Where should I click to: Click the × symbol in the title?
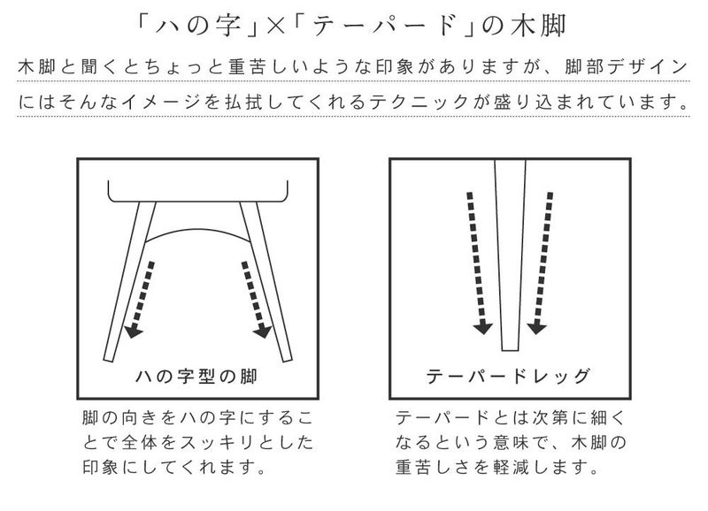(x=275, y=27)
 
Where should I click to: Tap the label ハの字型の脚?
(x=196, y=376)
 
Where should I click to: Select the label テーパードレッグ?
(x=508, y=376)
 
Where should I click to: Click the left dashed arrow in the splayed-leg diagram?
(x=140, y=300)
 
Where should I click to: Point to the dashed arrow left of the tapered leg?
(x=477, y=263)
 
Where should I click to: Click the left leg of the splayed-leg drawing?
(x=129, y=282)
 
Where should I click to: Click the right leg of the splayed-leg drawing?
(x=266, y=282)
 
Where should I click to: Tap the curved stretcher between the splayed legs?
(x=197, y=230)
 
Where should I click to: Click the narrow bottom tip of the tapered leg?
(x=511, y=350)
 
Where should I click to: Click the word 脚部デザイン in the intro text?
(x=627, y=67)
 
